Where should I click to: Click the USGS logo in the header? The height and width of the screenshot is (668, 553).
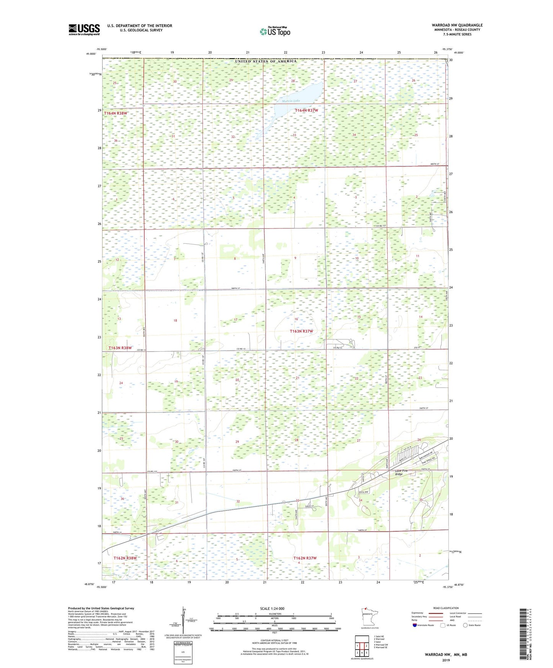point(84,29)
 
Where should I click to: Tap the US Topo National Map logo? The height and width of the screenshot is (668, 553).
point(274,31)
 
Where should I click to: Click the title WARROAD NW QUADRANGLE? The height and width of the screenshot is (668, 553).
point(457,25)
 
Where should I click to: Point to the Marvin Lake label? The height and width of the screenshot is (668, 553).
point(291,101)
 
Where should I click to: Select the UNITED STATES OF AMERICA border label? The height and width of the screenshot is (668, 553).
point(266,61)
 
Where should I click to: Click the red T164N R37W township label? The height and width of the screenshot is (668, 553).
point(306,110)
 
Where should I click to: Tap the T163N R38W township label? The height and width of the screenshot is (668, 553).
point(120,348)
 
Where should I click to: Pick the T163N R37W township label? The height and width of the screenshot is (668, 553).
point(301,331)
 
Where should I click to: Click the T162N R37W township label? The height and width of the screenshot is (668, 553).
point(305,558)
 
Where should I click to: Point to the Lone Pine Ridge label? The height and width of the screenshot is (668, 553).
point(401,472)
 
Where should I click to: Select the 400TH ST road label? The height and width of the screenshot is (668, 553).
point(434,164)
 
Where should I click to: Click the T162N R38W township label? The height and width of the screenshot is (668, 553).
point(125,558)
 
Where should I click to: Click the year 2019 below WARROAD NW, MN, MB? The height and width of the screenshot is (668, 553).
point(446,660)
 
